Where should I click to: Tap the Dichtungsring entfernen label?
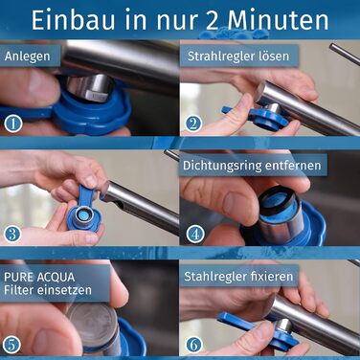click(x=252, y=165)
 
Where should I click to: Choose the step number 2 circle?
click(x=194, y=123)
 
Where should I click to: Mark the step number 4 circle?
click(x=194, y=233)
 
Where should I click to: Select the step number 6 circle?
click(x=194, y=342)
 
